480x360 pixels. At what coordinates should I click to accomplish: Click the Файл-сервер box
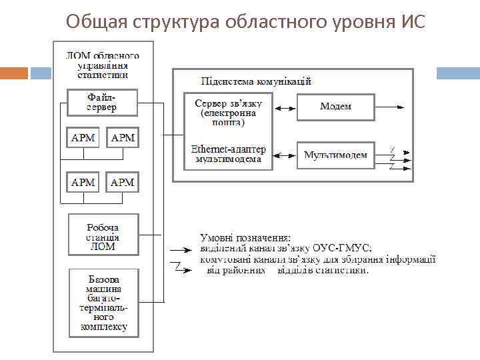pos(102,103)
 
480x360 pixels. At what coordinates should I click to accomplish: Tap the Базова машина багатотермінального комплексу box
pos(103,302)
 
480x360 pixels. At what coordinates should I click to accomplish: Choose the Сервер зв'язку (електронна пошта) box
pos(228,113)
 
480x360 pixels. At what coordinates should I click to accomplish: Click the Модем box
pos(336,107)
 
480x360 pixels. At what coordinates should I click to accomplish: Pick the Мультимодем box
pos(336,155)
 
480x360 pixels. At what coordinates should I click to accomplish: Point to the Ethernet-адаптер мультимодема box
pos(228,154)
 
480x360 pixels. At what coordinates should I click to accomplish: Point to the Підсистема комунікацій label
pos(256,81)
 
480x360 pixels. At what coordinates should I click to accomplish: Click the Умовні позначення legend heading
pos(245,237)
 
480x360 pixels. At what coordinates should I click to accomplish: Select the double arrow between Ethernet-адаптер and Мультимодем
pos(285,156)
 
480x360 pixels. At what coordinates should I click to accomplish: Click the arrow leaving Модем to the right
pos(389,107)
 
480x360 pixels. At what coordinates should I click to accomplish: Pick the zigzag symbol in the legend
pos(180,265)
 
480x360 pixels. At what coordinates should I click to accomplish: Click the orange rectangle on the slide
pos(14,73)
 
